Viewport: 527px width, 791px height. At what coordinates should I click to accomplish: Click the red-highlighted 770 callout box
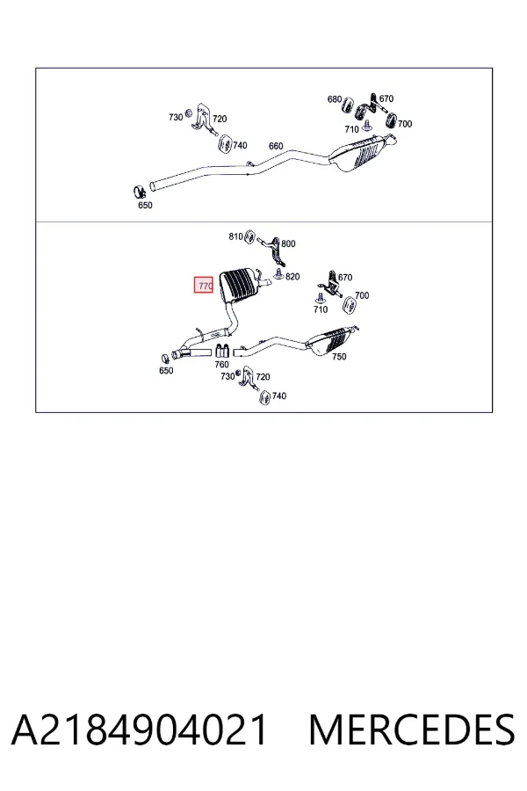pyautogui.click(x=204, y=286)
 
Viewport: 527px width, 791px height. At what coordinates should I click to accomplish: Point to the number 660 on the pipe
pyautogui.click(x=276, y=146)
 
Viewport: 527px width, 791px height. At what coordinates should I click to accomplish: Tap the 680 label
pyautogui.click(x=335, y=99)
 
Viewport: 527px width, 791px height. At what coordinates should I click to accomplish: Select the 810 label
pyautogui.click(x=235, y=236)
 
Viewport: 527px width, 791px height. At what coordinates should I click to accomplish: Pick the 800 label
pyautogui.click(x=288, y=243)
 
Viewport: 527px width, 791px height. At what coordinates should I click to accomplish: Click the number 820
pyautogui.click(x=292, y=277)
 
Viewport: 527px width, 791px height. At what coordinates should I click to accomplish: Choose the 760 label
pyautogui.click(x=222, y=364)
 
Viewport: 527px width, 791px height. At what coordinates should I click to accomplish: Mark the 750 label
pyautogui.click(x=339, y=357)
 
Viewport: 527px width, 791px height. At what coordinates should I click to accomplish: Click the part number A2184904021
pyautogui.click(x=139, y=729)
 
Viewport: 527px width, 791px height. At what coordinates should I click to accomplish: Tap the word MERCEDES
pyautogui.click(x=412, y=729)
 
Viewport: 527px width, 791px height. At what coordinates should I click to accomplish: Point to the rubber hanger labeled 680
pyautogui.click(x=348, y=106)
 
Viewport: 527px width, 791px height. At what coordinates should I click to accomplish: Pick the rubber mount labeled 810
pyautogui.click(x=249, y=236)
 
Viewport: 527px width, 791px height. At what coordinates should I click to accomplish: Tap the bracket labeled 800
pyautogui.click(x=275, y=250)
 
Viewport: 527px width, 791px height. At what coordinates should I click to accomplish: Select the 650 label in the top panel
pyautogui.click(x=145, y=206)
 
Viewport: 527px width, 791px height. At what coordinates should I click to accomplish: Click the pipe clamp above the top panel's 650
pyautogui.click(x=139, y=192)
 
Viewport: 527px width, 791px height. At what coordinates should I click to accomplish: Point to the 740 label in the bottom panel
pyautogui.click(x=279, y=396)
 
